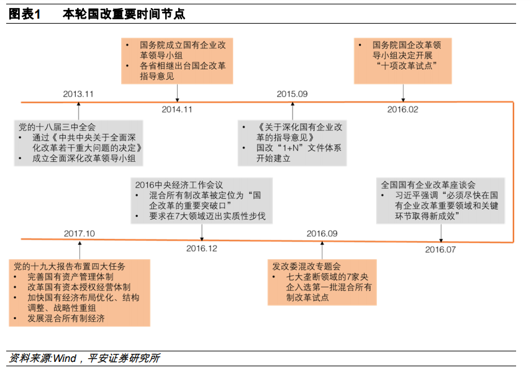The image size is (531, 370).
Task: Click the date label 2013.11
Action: pos(78,93)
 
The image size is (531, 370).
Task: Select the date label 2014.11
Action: pos(177,109)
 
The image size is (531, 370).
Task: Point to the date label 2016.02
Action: pos(403,109)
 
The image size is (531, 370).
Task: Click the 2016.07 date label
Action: pos(440,249)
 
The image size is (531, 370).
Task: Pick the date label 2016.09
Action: pos(322,233)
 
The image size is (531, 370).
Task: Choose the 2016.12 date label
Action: pos(202,249)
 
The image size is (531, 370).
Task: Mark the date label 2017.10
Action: pos(79,233)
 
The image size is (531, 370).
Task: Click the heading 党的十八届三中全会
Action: pos(57,127)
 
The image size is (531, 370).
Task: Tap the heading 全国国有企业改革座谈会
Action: pos(428,185)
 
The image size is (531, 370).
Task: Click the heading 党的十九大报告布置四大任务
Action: pos(70,266)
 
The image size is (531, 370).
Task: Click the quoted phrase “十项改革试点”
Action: pos(403,65)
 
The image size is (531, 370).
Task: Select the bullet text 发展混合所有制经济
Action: pos(65,318)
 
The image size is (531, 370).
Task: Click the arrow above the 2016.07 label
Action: pos(441,233)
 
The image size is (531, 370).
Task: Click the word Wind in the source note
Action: pos(65,358)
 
